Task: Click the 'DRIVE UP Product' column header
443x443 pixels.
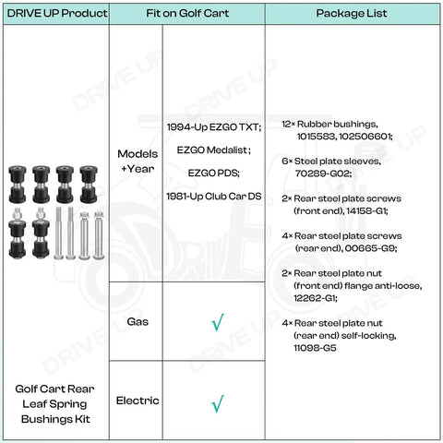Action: pos(57,13)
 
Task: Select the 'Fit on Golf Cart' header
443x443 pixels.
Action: pos(187,13)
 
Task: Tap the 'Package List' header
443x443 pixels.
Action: pos(352,13)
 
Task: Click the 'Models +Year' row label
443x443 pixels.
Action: pos(138,162)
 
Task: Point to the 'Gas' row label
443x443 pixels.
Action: pos(138,321)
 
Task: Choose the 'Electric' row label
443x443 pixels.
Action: pos(138,401)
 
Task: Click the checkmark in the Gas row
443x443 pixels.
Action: pos(218,322)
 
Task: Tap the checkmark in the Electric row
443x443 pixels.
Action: pos(218,403)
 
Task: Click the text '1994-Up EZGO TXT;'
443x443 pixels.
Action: pos(214,127)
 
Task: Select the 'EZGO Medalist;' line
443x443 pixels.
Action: pos(214,150)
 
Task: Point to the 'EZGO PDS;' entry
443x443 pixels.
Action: pos(214,173)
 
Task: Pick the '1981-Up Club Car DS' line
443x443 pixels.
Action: pos(214,197)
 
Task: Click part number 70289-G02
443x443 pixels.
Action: pos(323,174)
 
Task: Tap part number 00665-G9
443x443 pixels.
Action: pos(371,248)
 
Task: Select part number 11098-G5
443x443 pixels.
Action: pos(315,348)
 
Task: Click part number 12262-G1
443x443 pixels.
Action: pos(316,298)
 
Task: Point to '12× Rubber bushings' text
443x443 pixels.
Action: pos(329,124)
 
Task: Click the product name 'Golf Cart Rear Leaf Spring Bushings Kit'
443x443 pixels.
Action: pos(55,404)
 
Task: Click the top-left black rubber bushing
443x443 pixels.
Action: pos(18,185)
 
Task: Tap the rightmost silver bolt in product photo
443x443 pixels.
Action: pos(99,235)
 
